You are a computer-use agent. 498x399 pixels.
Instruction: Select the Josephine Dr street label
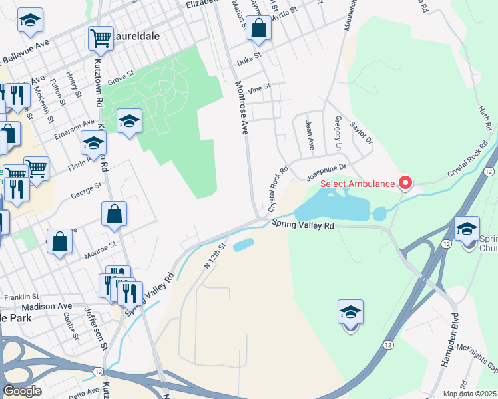[x=326, y=172]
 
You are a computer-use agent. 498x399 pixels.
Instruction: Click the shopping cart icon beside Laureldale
[x=101, y=38]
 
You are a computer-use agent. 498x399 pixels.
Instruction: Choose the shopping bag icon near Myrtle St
[x=260, y=29]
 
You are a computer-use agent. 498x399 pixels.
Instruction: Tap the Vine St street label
[x=258, y=87]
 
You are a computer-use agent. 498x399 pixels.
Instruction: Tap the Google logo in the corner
[x=22, y=390]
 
